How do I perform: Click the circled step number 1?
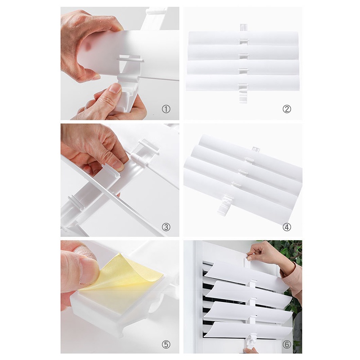point(166,109)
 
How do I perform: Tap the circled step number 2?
point(287,109)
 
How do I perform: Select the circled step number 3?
point(166,227)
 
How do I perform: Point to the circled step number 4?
point(287,227)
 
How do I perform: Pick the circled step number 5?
point(166,344)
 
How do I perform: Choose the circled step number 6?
point(287,344)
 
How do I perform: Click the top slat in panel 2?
point(243,38)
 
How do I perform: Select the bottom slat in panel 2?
point(243,83)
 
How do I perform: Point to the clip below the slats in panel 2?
point(243,96)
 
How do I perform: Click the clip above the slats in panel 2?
point(244,27)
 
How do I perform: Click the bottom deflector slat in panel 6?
point(248,330)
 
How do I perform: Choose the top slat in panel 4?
point(250,150)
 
